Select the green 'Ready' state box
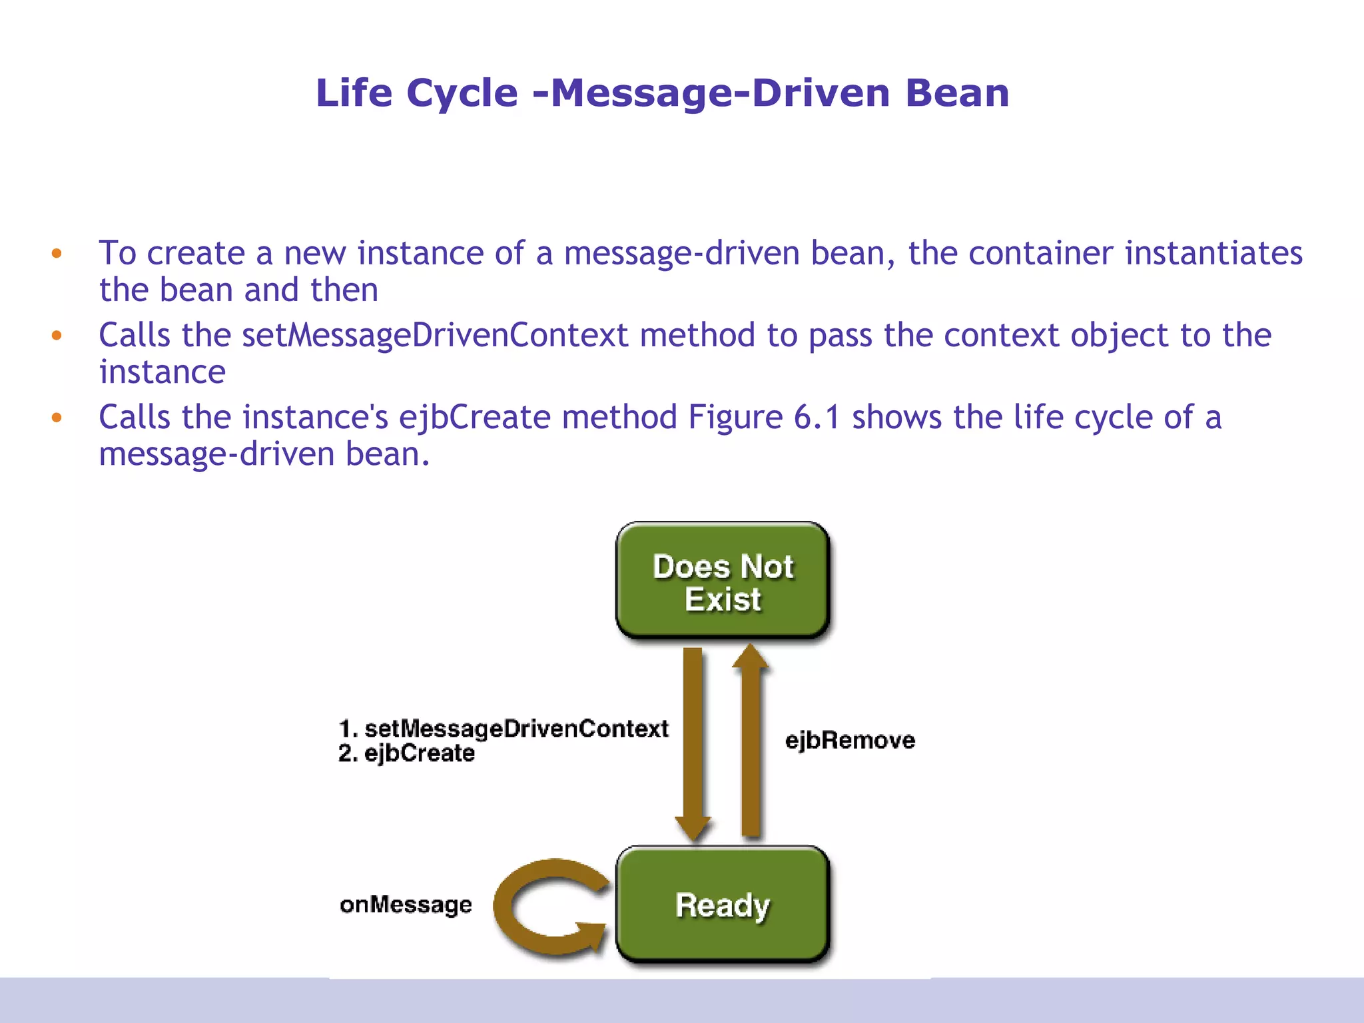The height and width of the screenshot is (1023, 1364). [723, 904]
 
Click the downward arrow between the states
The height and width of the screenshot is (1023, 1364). [693, 739]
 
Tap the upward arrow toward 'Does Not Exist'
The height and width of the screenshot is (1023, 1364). [751, 739]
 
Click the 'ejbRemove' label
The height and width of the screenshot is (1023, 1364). [850, 741]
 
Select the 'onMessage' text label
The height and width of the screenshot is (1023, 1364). [406, 904]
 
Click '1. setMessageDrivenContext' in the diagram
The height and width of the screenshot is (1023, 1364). [504, 728]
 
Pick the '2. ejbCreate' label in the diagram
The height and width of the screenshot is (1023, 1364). [407, 753]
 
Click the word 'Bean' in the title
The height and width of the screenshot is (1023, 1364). [957, 93]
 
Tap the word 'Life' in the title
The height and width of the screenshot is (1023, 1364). [354, 93]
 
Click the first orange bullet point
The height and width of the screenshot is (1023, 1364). [57, 253]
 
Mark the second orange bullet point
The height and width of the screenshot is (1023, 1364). [57, 335]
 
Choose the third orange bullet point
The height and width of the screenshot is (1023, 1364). [57, 418]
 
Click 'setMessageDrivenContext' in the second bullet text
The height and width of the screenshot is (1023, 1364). [434, 335]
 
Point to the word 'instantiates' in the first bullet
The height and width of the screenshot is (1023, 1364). [1213, 253]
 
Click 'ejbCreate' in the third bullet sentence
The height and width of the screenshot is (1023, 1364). [474, 418]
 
